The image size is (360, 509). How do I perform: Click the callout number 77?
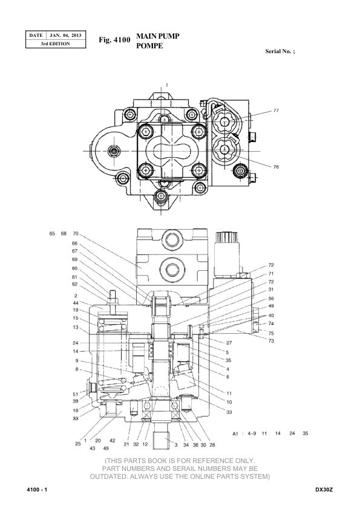click(276, 111)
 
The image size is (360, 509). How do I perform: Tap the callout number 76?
click(276, 167)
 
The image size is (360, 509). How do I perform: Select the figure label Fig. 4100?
click(114, 40)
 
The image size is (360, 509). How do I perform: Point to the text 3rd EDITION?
click(55, 44)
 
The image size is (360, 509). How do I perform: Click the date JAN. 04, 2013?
click(65, 35)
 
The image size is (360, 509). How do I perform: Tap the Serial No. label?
click(280, 51)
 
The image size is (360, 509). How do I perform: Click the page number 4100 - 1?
click(37, 490)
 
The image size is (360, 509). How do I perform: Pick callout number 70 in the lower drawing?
click(76, 233)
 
